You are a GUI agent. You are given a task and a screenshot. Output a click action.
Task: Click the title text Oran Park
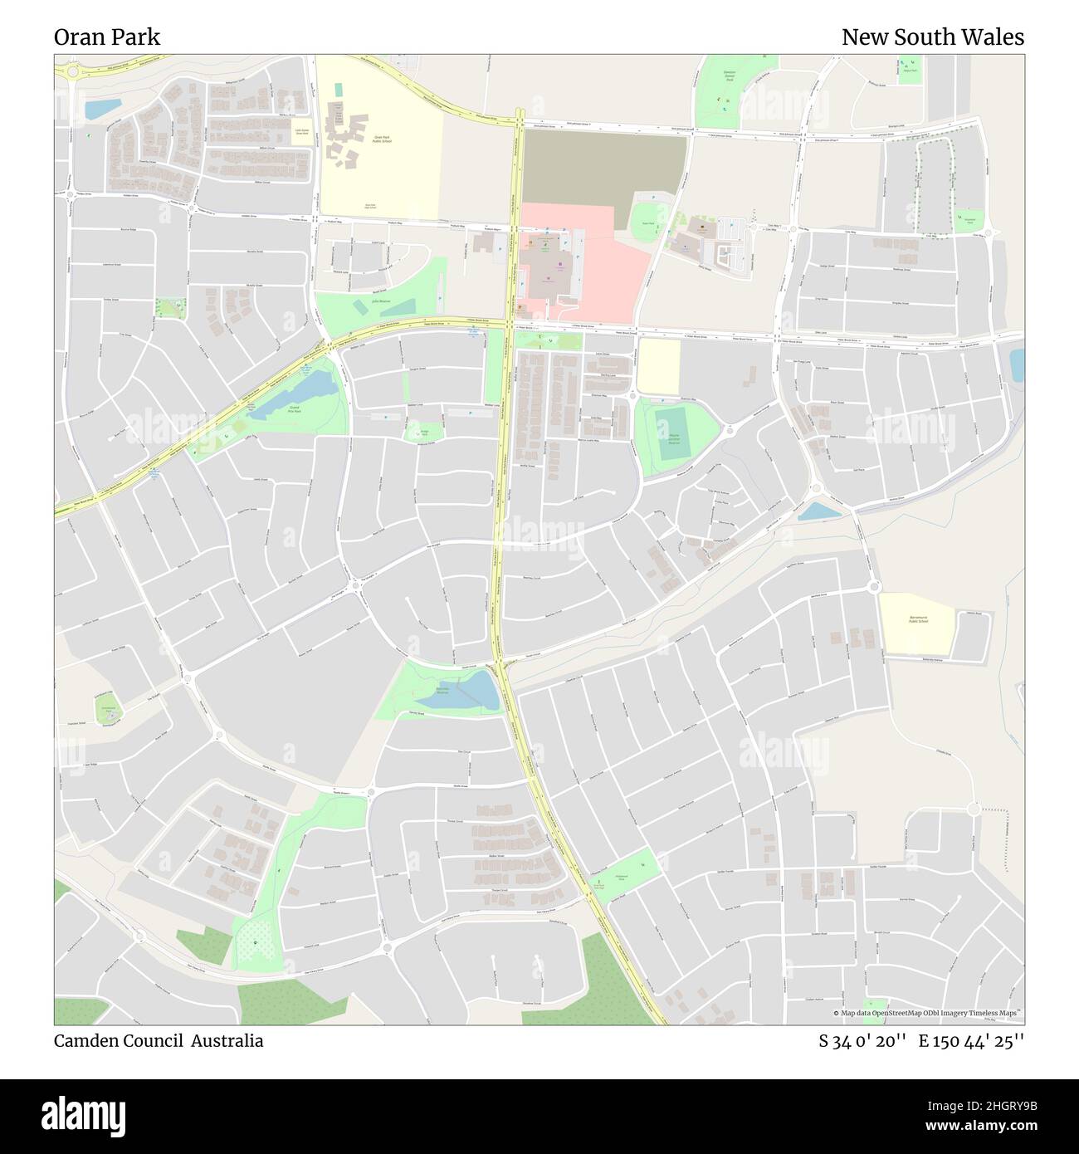point(107,37)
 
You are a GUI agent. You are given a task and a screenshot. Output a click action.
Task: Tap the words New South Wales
point(932,37)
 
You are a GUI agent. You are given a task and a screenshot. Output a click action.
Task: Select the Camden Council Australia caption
point(159,1041)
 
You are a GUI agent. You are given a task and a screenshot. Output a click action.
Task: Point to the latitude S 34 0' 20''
point(862,1041)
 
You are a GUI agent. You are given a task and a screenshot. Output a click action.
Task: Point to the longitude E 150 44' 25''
point(971,1041)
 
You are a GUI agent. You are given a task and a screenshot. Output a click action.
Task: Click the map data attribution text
point(926,1014)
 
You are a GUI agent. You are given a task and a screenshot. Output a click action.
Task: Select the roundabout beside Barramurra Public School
point(873,586)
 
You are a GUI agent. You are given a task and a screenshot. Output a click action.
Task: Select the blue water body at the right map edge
point(1017,365)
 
